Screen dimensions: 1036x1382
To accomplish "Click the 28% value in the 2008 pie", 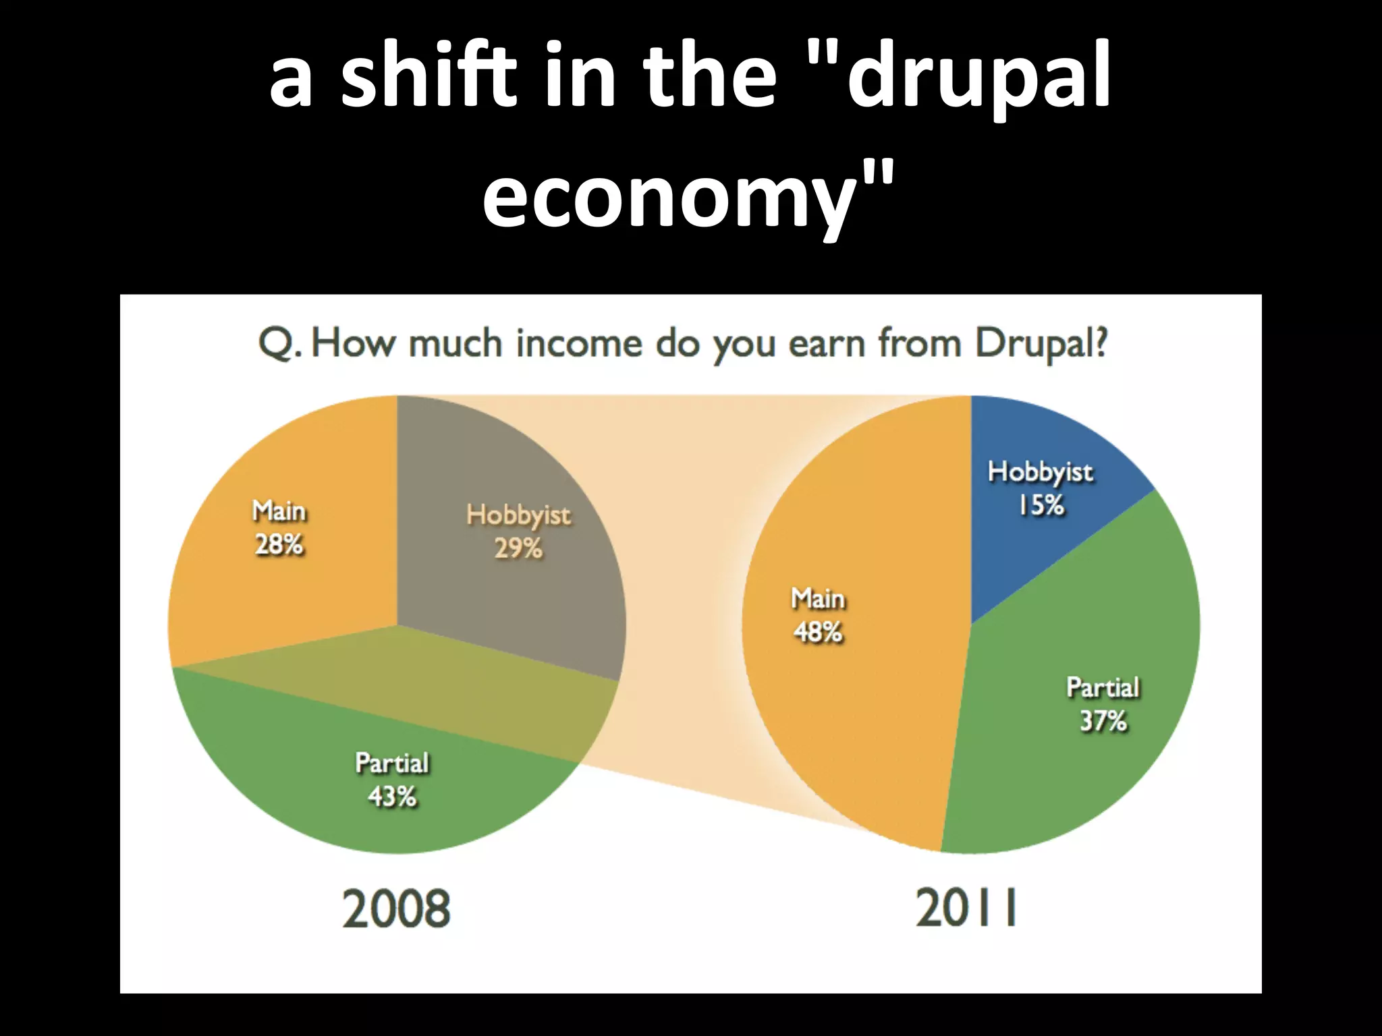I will coord(279,544).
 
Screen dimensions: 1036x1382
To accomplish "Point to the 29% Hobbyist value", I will coord(518,548).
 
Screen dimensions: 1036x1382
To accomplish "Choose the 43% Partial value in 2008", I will coord(392,797).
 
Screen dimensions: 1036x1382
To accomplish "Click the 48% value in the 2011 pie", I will coord(818,632).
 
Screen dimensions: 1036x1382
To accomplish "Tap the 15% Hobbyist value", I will coord(1041,505).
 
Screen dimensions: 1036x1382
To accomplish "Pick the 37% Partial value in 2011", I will coord(1103,721).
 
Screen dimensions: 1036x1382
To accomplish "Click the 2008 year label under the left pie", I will coord(396,909).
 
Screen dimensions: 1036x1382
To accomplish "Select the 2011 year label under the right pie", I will coord(966,909).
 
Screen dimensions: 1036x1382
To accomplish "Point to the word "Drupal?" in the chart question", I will coord(1041,344).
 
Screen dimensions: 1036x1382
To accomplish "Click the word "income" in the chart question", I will coord(579,343).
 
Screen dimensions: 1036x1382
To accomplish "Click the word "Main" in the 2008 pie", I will coord(279,511).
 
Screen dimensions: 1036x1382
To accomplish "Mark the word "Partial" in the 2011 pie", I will coord(1103,688).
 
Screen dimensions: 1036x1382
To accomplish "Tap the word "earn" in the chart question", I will coord(828,344).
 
